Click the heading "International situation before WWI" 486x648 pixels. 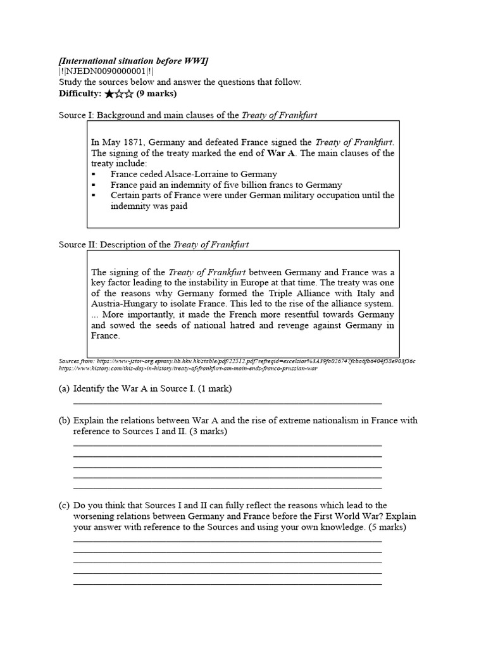(134, 60)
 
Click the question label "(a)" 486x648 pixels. (64, 389)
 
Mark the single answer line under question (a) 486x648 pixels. (228, 402)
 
